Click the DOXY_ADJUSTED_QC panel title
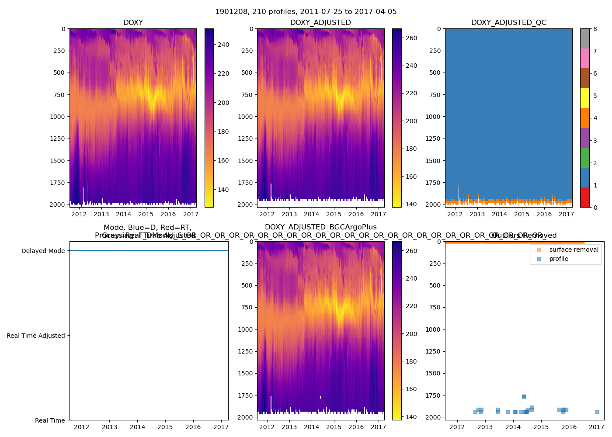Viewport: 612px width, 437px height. [x=508, y=23]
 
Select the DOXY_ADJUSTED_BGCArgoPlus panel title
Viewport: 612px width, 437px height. [x=320, y=227]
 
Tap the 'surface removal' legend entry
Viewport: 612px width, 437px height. [x=574, y=250]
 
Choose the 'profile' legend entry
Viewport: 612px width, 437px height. [x=559, y=259]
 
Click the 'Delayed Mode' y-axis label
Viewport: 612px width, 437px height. [x=43, y=251]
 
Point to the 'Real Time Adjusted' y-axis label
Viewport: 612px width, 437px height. [x=36, y=336]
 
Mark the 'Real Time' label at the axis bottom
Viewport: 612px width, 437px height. [x=50, y=420]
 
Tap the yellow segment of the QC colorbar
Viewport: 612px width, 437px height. [x=584, y=98]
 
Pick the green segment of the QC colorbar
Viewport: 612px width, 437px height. [x=584, y=158]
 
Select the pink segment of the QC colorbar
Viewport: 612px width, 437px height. [x=584, y=59]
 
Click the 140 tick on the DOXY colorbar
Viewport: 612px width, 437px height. [x=223, y=190]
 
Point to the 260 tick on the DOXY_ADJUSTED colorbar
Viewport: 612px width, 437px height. [x=411, y=38]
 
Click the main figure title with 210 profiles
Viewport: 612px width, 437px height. [x=306, y=12]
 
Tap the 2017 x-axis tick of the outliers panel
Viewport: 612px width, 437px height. [x=597, y=427]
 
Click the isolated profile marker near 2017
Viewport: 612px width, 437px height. [x=597, y=412]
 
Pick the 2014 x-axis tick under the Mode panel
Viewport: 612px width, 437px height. [x=137, y=427]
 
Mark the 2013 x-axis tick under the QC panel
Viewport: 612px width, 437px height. [x=477, y=214]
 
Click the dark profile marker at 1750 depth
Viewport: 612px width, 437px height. [x=524, y=396]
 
